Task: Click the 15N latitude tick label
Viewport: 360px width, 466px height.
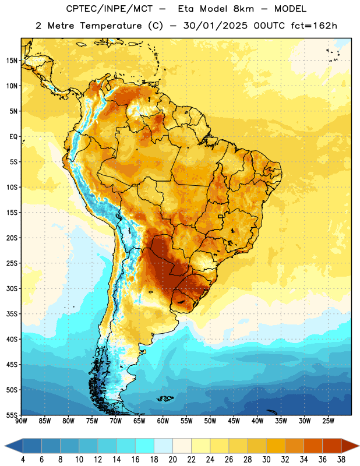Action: point(12,61)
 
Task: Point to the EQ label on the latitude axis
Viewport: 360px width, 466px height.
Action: point(13,137)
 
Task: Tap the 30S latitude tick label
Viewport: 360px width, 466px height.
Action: point(12,288)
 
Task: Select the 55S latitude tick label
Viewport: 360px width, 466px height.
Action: point(12,415)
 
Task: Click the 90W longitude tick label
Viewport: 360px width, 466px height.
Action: point(21,421)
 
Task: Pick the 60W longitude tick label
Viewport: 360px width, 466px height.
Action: point(163,421)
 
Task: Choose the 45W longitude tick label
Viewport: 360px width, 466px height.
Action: point(234,421)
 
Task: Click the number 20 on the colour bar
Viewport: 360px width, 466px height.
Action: point(172,460)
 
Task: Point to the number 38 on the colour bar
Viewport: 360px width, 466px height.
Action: point(341,460)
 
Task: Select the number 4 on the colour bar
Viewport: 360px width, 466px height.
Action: point(23,460)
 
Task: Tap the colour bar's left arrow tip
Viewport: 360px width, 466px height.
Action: point(5,446)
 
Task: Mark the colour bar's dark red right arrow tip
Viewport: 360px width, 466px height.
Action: point(359,446)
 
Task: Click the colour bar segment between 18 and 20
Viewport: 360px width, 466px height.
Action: point(163,446)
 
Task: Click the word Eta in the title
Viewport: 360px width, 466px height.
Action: point(185,9)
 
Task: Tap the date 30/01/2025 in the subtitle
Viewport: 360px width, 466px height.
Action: point(215,26)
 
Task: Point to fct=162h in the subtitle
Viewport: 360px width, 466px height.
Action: point(314,26)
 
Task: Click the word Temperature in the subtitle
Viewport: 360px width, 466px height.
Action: point(111,26)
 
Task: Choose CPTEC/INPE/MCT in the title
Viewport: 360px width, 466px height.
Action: point(109,9)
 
